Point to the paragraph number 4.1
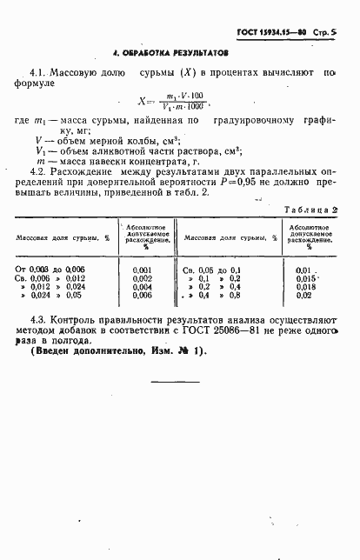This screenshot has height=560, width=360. pyautogui.click(x=38, y=74)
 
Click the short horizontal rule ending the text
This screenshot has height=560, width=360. pyautogui.click(x=176, y=382)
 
